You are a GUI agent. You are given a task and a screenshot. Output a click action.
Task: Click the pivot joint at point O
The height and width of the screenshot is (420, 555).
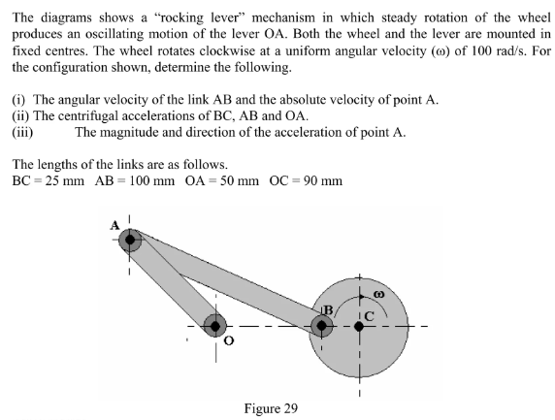pyautogui.click(x=214, y=326)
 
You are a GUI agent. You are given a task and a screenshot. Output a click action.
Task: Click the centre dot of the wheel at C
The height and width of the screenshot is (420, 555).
pyautogui.click(x=360, y=327)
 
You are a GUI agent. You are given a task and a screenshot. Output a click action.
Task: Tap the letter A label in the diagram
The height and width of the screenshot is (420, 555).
pyautogui.click(x=114, y=225)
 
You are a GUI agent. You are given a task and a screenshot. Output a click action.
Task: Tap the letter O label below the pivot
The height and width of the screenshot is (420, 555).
pyautogui.click(x=229, y=341)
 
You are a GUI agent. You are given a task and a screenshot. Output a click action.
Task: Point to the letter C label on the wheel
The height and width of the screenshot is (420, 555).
pyautogui.click(x=369, y=312)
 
